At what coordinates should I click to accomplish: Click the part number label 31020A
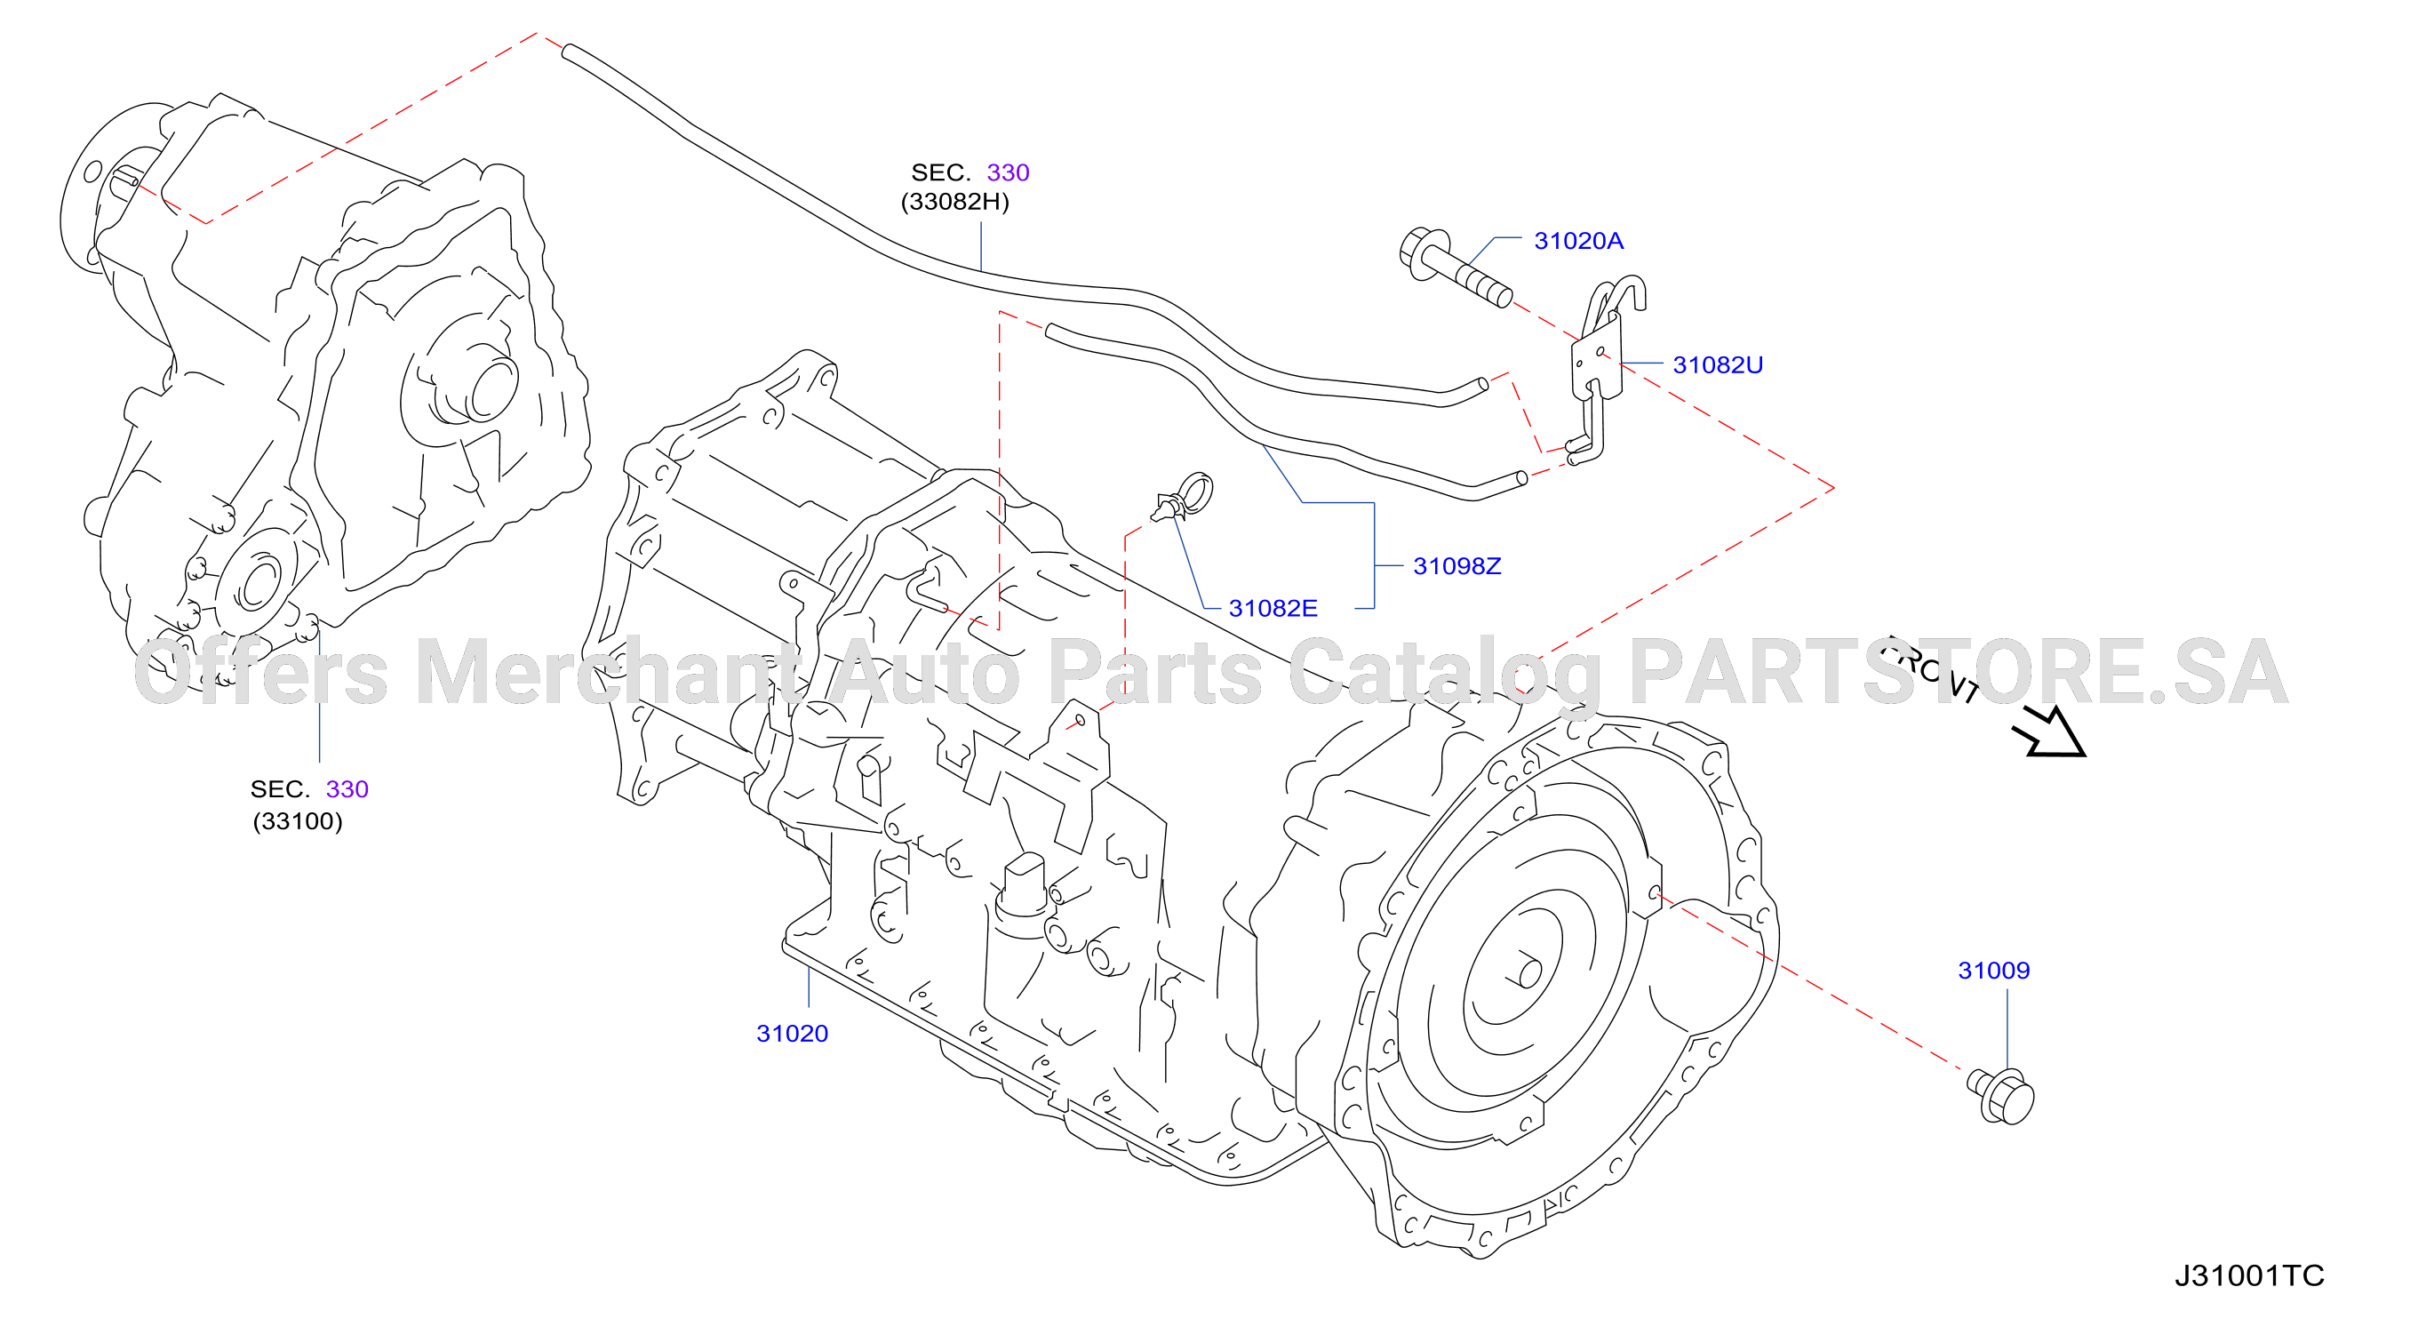(1578, 241)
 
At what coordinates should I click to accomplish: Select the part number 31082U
(1718, 365)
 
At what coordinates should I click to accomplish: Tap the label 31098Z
(1456, 566)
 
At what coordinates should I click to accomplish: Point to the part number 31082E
(1273, 608)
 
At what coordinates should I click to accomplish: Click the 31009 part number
(1994, 971)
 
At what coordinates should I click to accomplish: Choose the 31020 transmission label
(793, 1034)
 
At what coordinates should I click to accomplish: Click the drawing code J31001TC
(2249, 1275)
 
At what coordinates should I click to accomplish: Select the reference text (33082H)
(954, 202)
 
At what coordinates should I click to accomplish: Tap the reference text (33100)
(298, 821)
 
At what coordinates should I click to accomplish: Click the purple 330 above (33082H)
(1008, 172)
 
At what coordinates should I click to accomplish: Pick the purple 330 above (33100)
(347, 789)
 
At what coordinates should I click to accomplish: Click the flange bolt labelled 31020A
(1454, 267)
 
